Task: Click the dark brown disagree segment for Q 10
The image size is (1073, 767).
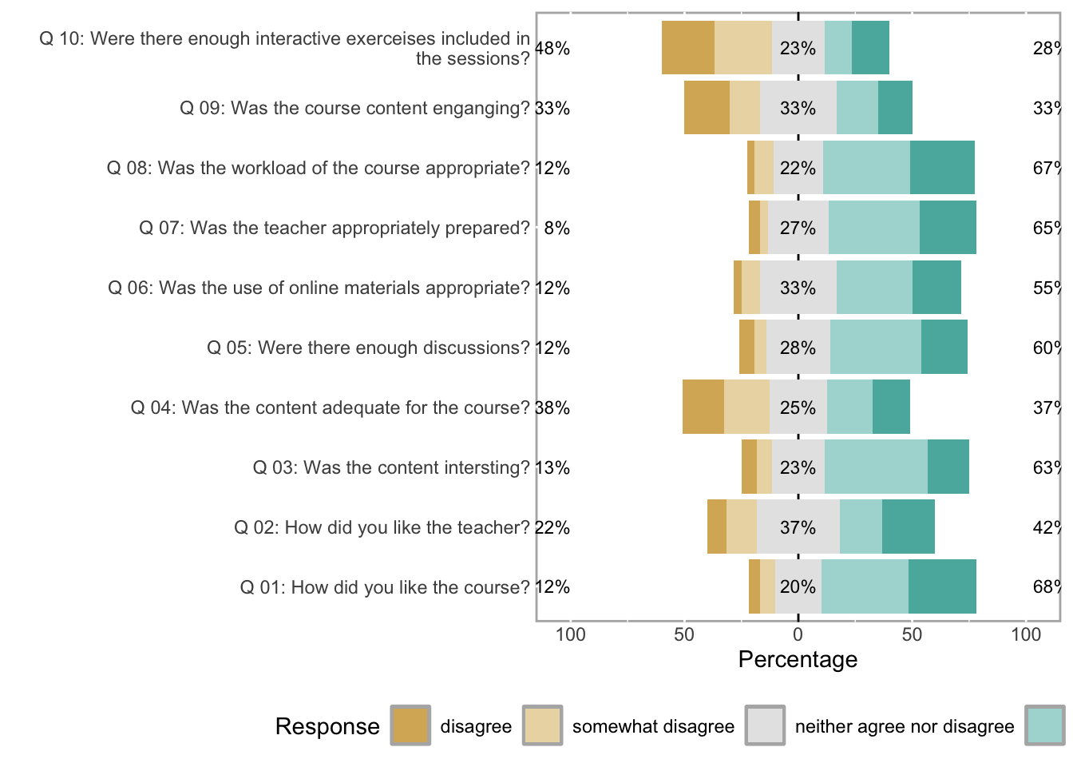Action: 688,48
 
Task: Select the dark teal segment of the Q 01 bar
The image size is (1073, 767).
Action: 942,586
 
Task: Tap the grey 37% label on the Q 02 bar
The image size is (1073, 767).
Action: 798,527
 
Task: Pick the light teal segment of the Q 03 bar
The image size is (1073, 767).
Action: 876,467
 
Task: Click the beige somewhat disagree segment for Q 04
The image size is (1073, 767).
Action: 746,407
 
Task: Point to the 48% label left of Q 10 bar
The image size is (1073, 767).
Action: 552,49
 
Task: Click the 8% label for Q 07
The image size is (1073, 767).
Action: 556,229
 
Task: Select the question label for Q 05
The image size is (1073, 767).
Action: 368,348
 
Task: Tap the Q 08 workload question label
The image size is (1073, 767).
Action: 318,168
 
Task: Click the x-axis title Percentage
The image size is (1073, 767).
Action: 798,659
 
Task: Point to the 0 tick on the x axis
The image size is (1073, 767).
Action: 798,634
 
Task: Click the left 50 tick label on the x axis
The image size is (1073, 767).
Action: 684,634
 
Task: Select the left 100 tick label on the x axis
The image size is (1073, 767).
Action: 570,634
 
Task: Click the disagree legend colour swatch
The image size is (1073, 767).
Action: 410,725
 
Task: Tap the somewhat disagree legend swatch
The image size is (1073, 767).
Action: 543,725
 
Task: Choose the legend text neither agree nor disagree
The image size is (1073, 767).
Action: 904,726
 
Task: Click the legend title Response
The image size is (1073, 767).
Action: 327,726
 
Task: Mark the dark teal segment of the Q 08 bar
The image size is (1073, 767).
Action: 942,167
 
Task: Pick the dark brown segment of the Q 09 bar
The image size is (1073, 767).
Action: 707,107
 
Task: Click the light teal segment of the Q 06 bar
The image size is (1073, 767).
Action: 874,287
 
